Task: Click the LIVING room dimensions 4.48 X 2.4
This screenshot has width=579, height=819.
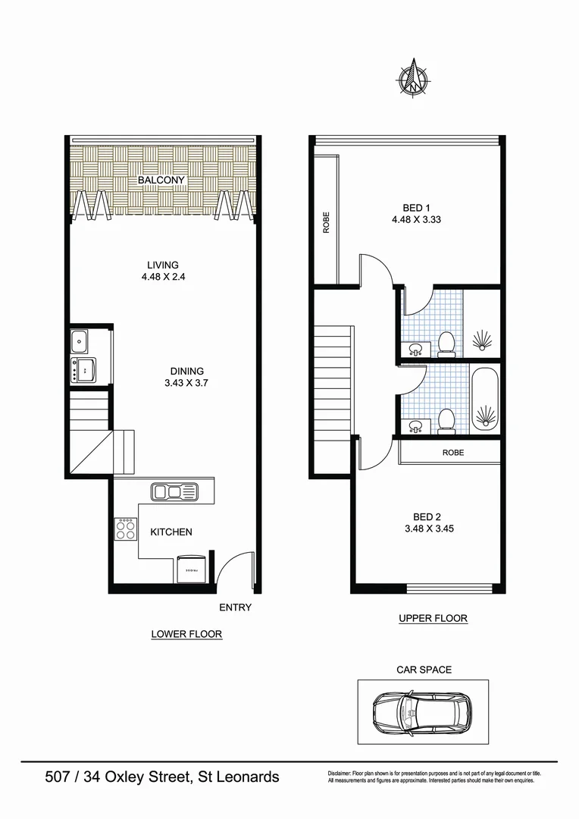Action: pos(163,277)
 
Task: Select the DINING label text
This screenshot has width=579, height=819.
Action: pos(186,371)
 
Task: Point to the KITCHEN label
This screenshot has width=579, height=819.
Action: pos(171,532)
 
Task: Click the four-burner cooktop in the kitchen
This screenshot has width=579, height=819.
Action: pos(125,529)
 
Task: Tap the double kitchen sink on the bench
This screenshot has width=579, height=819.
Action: pos(174,491)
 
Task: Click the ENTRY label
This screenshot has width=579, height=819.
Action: pos(235,607)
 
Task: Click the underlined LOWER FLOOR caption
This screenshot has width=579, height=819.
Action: pos(186,634)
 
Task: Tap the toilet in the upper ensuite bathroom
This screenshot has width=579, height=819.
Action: pos(446,344)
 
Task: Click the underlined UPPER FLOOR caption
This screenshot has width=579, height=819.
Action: pos(433,618)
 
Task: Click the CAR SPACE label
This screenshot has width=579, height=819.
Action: pos(424,670)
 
